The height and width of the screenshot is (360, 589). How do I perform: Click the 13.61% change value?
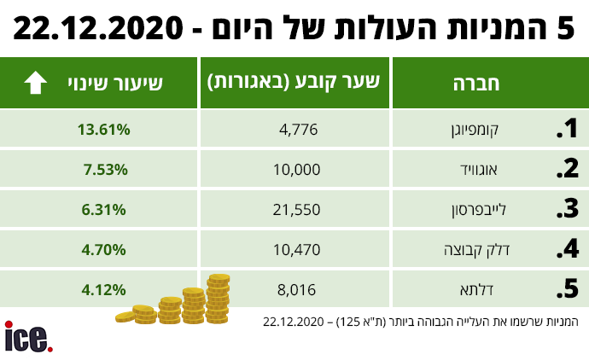pos(103,130)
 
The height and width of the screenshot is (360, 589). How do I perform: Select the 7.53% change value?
pos(106,169)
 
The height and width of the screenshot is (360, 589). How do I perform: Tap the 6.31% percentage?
pos(106,209)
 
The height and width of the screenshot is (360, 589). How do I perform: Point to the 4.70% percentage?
pos(106,250)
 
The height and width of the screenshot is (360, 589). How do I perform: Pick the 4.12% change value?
pos(106,289)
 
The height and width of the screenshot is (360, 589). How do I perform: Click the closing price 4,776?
pos(299,130)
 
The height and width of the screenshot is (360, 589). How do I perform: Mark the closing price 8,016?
pos(299,289)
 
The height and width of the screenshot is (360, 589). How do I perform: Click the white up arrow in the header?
pos(35,83)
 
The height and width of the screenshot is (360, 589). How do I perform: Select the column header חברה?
pos(485,84)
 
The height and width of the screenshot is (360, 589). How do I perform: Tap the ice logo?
pos(28,336)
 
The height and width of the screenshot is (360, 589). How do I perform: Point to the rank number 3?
pos(568,209)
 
